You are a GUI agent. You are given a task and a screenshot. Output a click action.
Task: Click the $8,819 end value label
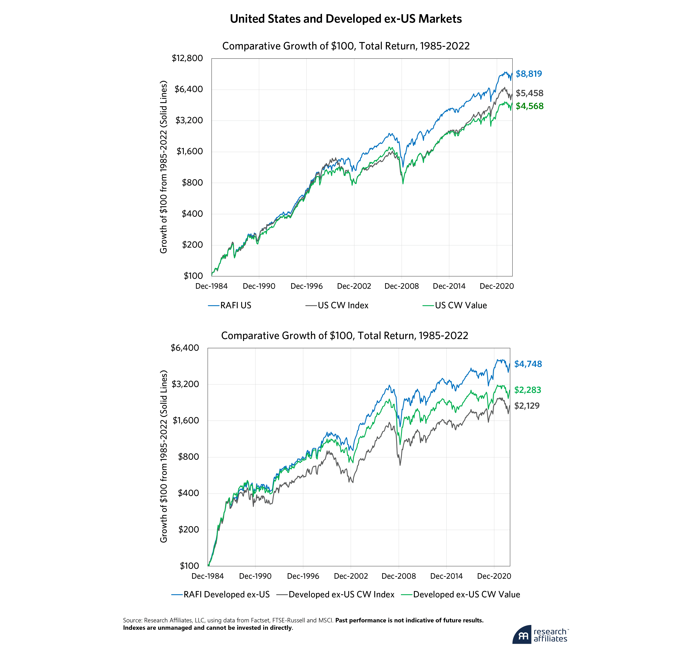[x=529, y=74]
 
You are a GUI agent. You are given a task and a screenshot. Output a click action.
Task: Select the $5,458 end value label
[x=529, y=93]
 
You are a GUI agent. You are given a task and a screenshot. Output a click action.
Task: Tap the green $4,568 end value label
[x=529, y=106]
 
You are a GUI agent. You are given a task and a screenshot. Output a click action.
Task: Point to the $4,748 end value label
[x=528, y=364]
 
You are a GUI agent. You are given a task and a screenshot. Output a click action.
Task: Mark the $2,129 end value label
[x=527, y=406]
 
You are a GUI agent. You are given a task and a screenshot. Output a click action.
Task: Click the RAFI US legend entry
[x=235, y=306]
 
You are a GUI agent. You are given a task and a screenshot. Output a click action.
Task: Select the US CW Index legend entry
[x=343, y=306]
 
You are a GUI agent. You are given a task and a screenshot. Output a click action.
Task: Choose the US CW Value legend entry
[x=461, y=306]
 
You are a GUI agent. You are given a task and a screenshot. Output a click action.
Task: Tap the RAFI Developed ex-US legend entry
[x=226, y=595]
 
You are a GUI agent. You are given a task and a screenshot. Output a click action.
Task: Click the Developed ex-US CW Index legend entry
[x=341, y=595]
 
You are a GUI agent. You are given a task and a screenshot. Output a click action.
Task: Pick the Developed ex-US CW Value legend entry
[x=466, y=595]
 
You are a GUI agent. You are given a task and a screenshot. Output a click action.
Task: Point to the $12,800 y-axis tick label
[x=187, y=58]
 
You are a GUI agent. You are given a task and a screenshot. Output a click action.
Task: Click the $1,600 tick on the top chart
[x=190, y=151]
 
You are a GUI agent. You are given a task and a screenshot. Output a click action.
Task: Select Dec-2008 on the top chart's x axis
[x=401, y=286]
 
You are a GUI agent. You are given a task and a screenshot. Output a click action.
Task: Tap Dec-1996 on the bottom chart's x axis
[x=303, y=576]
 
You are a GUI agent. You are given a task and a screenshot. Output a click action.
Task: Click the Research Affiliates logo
[x=540, y=635]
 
